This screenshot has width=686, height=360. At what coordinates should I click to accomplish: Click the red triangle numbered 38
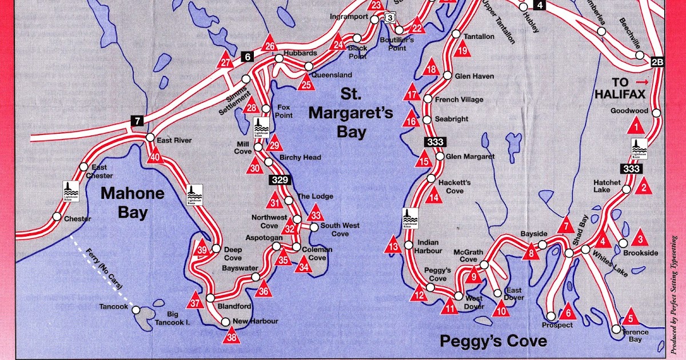[232, 335]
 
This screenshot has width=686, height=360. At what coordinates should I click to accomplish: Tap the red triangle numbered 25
[306, 83]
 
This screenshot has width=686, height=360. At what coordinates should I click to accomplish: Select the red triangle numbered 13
[393, 245]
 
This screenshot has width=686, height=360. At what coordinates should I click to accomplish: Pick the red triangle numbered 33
[316, 215]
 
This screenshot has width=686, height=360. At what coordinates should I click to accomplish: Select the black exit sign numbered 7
[137, 121]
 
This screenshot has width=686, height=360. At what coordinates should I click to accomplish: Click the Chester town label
[78, 219]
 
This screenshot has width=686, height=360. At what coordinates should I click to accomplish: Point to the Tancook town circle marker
[137, 310]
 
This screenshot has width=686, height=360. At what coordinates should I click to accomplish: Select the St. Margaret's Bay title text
[350, 113]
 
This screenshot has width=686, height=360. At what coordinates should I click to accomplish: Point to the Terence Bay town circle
[616, 329]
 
